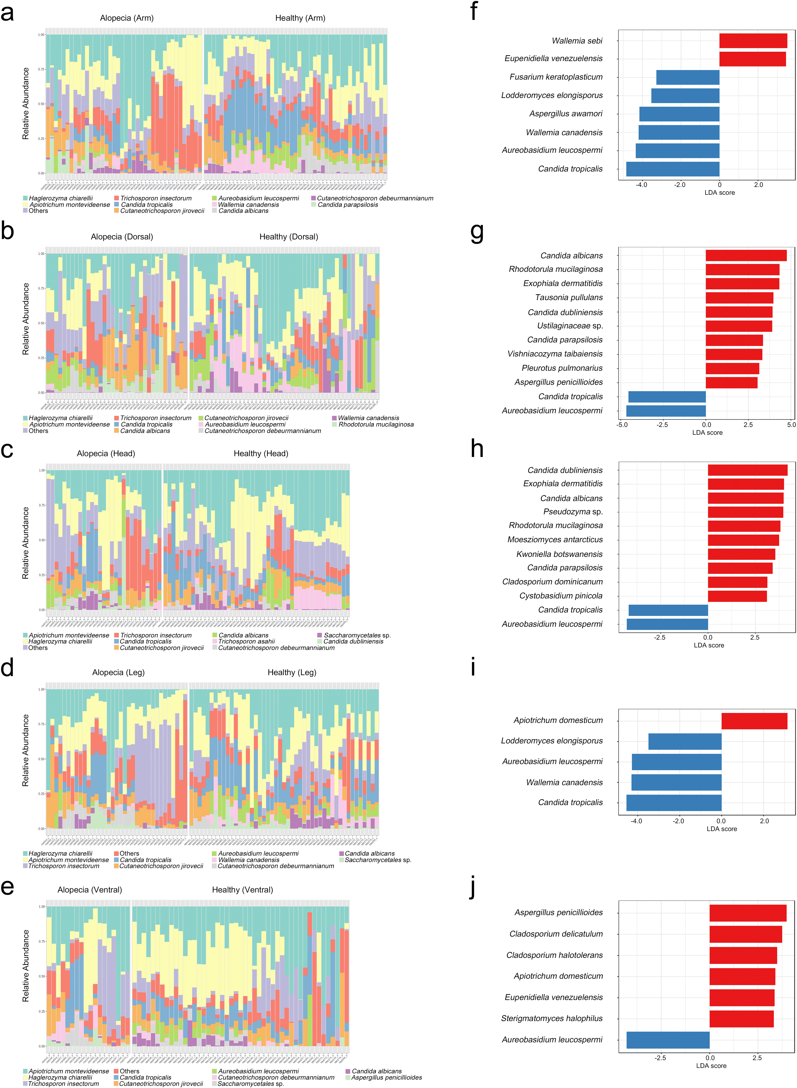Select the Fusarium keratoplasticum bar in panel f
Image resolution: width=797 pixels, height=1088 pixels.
(688, 77)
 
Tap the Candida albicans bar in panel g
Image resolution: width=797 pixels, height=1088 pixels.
(746, 256)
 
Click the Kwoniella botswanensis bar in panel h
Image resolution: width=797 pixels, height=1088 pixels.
(741, 554)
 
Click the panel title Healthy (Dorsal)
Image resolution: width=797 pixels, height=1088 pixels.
(288, 237)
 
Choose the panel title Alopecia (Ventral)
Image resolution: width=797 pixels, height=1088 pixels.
(90, 890)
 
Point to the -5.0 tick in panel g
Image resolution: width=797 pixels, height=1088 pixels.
(622, 425)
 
